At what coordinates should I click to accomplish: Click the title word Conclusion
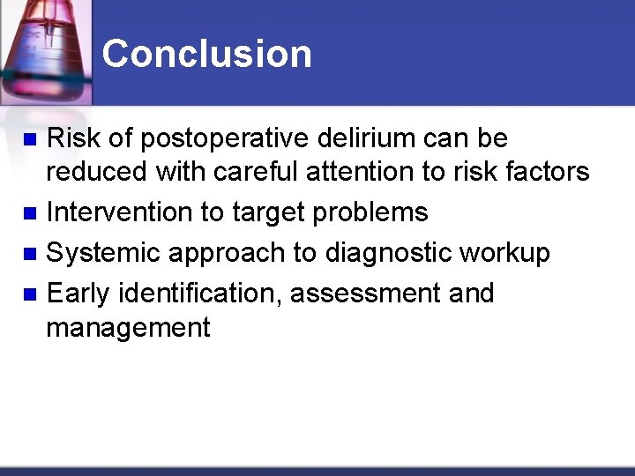tap(206, 54)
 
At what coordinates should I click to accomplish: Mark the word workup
tap(504, 254)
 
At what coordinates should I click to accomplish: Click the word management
tap(128, 328)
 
